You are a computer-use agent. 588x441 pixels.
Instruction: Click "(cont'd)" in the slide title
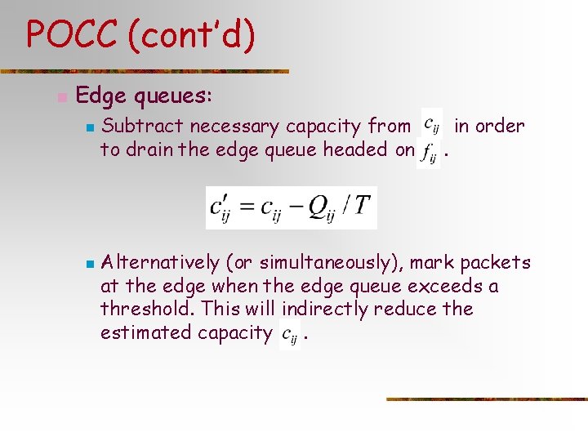193,35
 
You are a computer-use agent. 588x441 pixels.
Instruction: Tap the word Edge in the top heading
101,96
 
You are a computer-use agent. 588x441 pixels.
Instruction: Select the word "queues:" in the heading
173,96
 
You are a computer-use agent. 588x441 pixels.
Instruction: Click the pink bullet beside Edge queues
61,97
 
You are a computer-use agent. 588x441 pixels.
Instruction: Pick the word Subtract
137,126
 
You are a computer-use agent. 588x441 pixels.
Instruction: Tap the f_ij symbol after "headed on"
428,153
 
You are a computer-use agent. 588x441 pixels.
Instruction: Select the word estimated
144,332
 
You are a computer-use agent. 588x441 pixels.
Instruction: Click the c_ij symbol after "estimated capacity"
290,334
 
